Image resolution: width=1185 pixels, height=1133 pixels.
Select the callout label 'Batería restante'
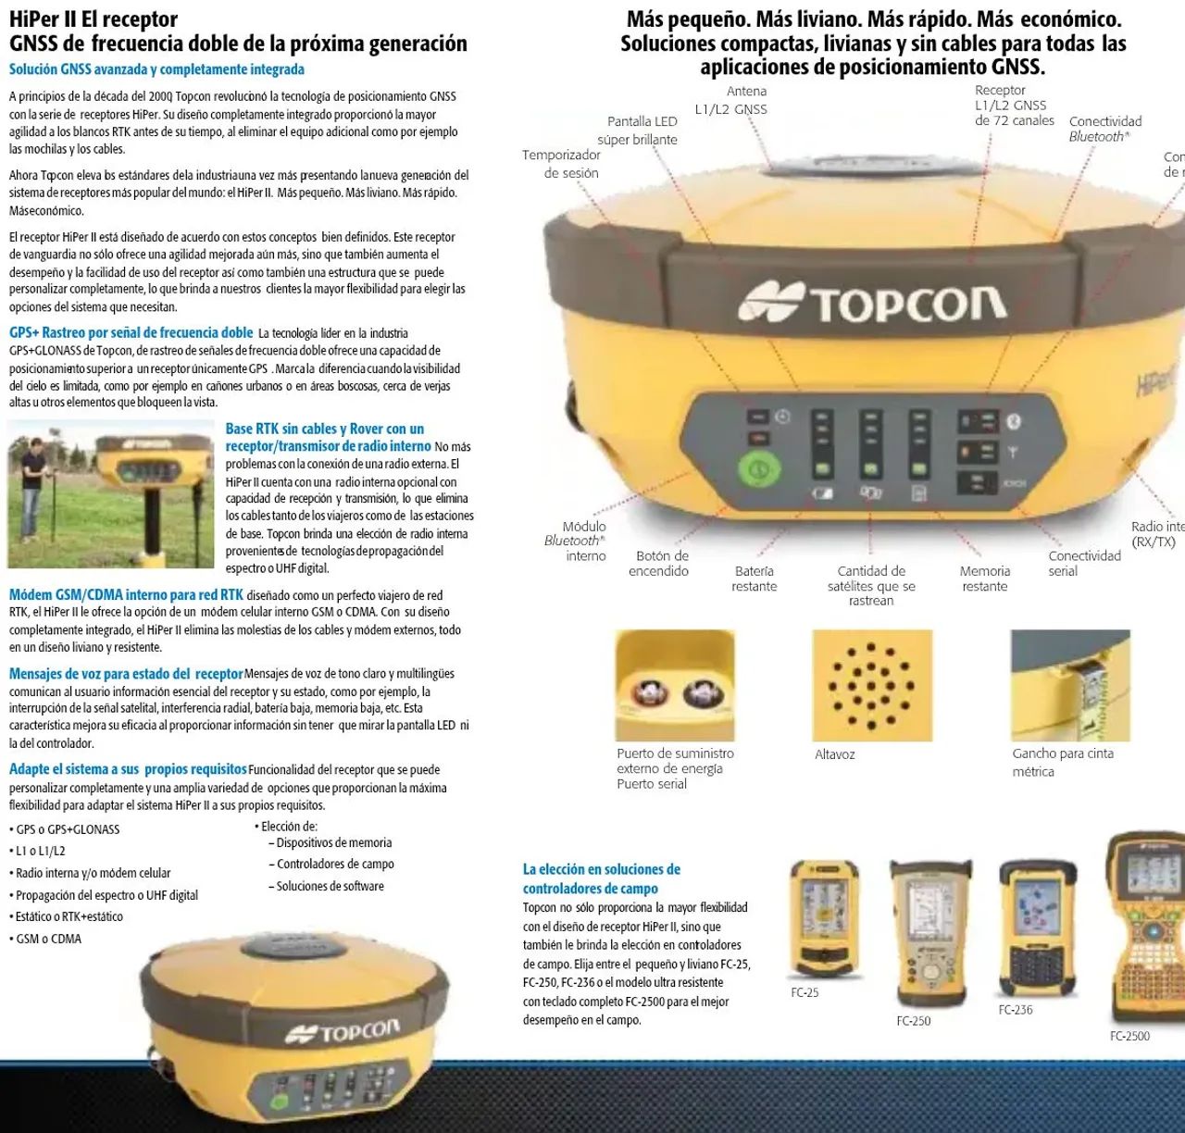[755, 579]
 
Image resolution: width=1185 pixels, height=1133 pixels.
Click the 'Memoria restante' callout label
[985, 579]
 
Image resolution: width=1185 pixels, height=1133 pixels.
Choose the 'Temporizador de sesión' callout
[561, 164]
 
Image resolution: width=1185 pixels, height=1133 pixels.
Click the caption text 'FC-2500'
[1129, 1036]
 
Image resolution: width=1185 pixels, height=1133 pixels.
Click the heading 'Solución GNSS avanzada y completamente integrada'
[156, 69]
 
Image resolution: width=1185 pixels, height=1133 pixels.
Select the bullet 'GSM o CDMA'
[48, 939]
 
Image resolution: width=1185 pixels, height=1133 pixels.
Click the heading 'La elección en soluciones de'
[602, 869]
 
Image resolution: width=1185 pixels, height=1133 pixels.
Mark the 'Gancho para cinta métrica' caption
[1062, 762]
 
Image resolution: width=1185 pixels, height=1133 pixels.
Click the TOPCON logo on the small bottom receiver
[343, 1030]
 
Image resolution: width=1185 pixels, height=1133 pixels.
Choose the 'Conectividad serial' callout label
[1084, 563]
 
